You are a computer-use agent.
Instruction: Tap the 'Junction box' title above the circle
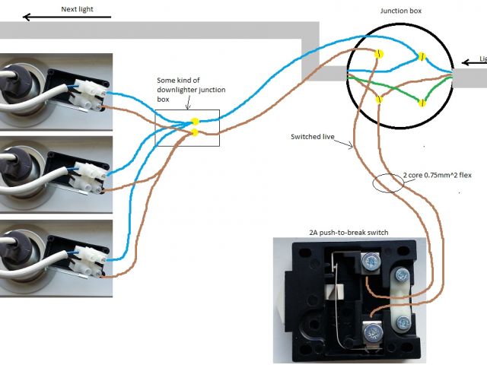pos(399,11)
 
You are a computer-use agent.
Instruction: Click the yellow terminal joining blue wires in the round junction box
pos(421,57)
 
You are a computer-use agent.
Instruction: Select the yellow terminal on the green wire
pos(421,102)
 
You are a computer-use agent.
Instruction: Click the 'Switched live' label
pos(311,137)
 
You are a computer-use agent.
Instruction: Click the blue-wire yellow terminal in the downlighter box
pos(196,122)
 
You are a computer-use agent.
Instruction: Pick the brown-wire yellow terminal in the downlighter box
pos(196,133)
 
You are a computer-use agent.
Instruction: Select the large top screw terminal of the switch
pos(371,262)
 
